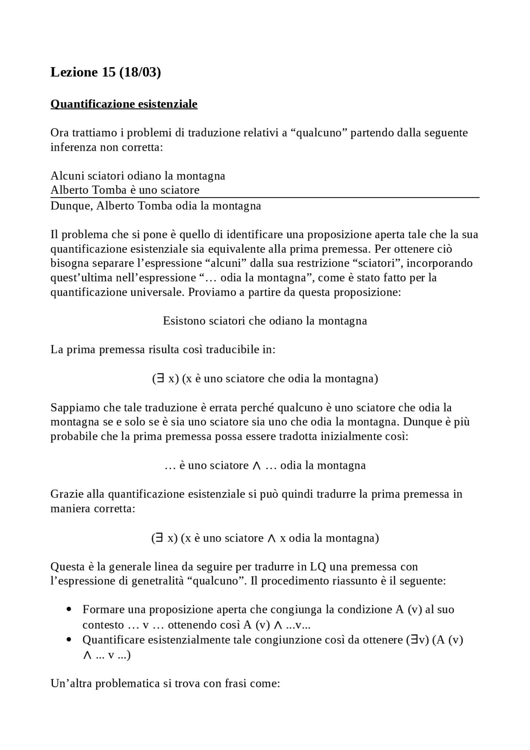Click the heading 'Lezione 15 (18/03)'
coord(106,72)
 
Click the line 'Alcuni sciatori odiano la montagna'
coord(137,176)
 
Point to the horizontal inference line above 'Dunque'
coord(265,198)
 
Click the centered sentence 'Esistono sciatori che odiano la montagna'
coord(265,321)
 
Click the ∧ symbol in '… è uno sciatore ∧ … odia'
coord(256,465)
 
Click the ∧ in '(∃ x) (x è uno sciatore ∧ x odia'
coord(272,538)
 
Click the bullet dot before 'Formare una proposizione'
coord(69,610)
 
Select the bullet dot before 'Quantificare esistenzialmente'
coord(69,640)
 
